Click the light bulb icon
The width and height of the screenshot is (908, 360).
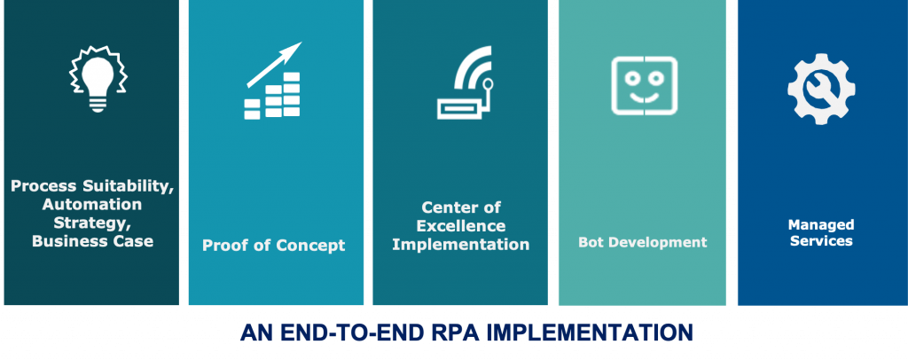98,78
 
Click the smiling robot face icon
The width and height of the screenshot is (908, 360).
644,86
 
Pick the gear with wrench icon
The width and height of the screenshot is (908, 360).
821,89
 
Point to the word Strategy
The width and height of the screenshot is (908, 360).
93,223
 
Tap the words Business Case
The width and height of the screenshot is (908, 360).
92,241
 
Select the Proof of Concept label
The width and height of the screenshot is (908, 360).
273,246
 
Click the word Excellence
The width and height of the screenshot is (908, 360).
461,226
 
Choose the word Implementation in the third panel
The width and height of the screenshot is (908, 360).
461,244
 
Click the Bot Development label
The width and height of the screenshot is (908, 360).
643,242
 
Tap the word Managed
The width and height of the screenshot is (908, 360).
821,224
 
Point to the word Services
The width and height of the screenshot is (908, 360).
821,241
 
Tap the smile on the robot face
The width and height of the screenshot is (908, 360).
645,96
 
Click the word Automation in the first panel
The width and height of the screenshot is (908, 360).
92,204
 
